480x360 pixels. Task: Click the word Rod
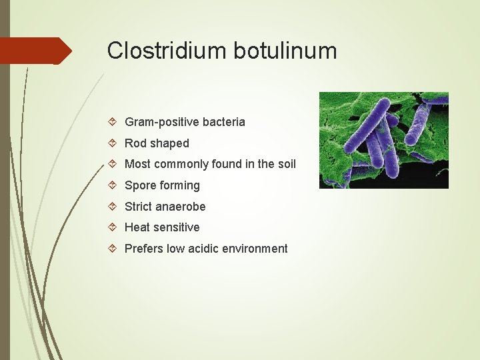(x=136, y=143)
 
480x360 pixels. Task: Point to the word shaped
(x=170, y=143)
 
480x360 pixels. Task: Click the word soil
(x=285, y=164)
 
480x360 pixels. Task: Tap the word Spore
(x=141, y=185)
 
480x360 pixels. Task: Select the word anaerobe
(x=181, y=207)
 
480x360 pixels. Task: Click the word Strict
(x=139, y=207)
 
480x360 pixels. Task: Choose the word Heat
(x=137, y=227)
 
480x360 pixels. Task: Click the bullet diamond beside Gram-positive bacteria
(x=114, y=122)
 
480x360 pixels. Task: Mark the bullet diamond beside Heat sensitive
(x=114, y=227)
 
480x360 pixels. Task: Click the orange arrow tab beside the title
(x=37, y=51)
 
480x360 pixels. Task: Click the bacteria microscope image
(x=383, y=140)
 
